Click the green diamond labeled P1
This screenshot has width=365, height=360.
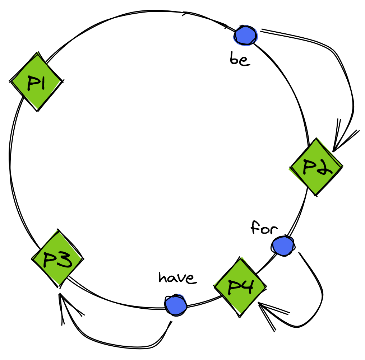click(36, 82)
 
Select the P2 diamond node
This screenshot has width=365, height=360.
click(316, 167)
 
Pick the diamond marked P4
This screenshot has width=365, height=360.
click(240, 286)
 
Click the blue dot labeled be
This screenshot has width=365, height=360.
click(246, 35)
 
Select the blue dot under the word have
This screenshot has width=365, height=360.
click(176, 305)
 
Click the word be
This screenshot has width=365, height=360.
click(240, 60)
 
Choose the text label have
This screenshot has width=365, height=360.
click(177, 277)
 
